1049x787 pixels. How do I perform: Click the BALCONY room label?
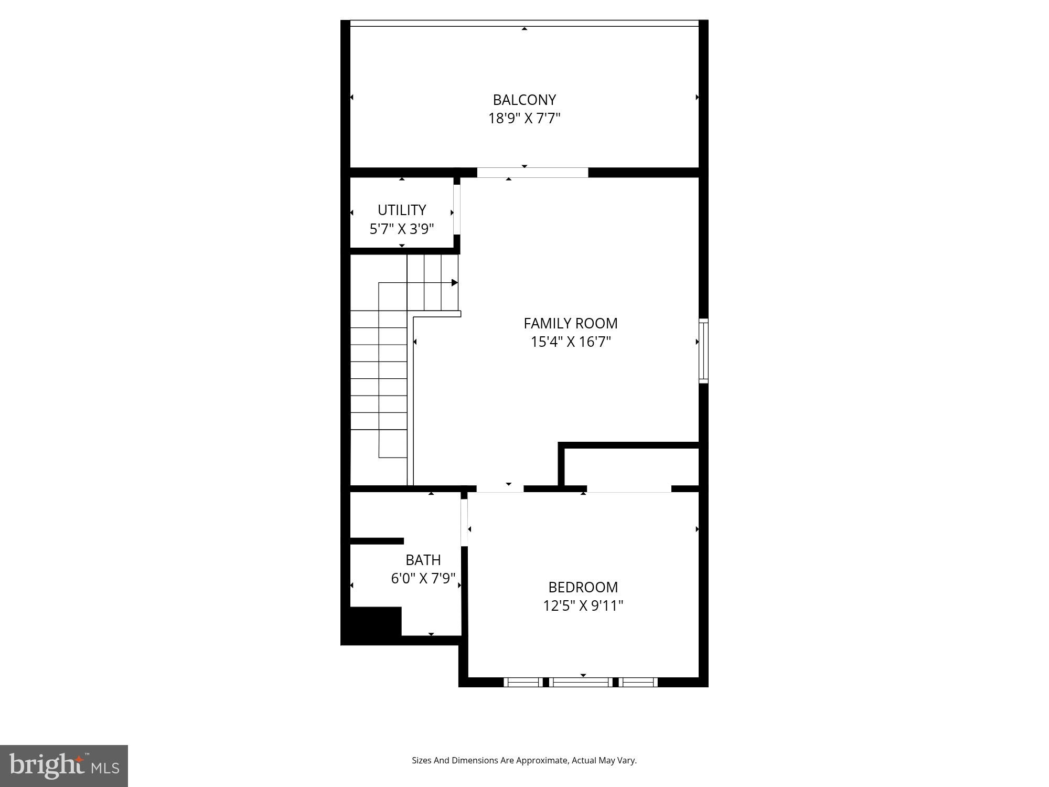524,100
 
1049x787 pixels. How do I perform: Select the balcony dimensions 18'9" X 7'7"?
524,119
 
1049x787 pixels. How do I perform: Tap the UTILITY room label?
402,210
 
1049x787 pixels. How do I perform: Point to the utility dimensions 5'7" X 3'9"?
402,229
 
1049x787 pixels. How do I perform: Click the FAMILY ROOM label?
570,323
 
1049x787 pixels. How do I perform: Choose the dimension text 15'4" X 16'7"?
571,342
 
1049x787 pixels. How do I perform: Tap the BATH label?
423,560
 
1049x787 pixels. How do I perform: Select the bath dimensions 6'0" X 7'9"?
423,578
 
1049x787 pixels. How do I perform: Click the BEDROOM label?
583,587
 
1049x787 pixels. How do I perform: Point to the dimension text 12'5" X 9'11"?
583,606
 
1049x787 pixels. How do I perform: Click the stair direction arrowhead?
455,283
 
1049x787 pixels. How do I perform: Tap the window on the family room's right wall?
703,351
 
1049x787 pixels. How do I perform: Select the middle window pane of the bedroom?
582,682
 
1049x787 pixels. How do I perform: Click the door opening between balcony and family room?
532,173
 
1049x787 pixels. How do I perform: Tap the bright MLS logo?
64,766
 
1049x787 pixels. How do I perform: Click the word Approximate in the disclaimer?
542,760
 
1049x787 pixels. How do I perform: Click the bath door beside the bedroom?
464,522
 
